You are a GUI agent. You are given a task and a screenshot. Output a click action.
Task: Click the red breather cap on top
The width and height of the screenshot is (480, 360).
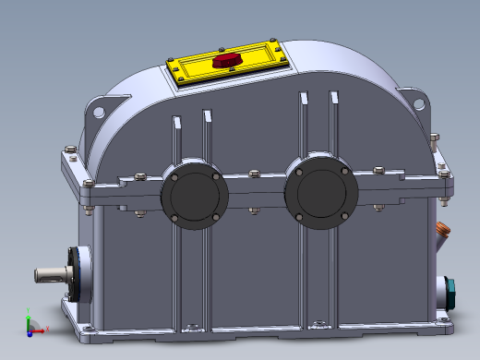(x=225, y=61)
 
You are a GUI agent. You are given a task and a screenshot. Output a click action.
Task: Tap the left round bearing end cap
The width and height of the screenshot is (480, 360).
(x=195, y=197)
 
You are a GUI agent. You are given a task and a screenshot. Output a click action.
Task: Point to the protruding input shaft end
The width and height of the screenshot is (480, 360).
(x=48, y=274)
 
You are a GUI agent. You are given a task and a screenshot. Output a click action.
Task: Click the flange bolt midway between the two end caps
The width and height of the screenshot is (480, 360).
(x=254, y=174)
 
